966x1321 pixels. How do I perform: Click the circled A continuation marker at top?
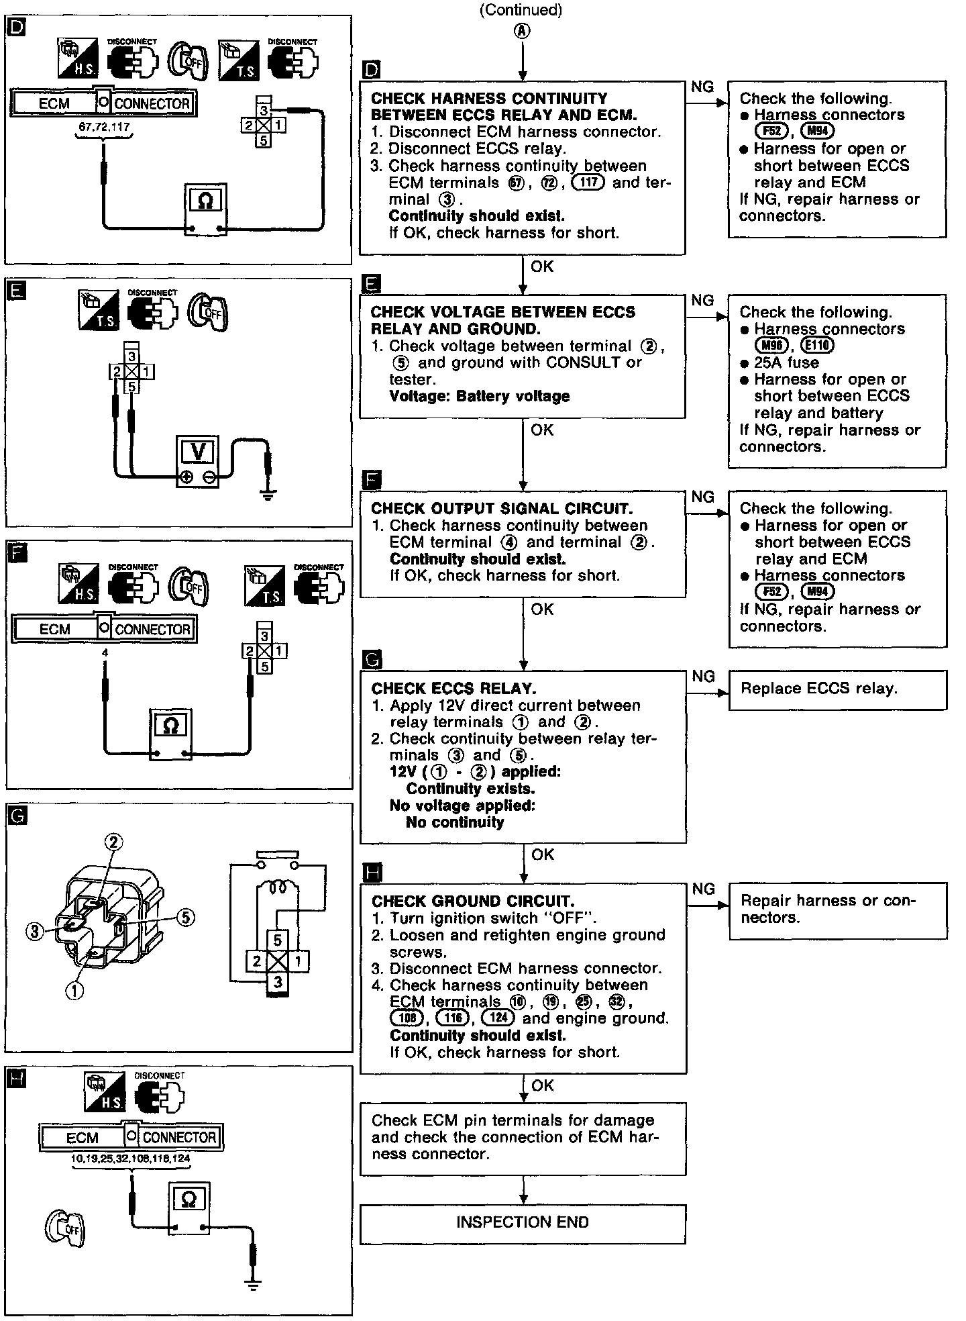(x=522, y=31)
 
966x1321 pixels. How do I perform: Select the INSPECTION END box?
(x=523, y=1222)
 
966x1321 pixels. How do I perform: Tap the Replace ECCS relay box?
(x=837, y=689)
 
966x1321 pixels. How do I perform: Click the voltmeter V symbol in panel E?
(x=198, y=452)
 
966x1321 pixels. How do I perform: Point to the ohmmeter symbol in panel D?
(x=206, y=201)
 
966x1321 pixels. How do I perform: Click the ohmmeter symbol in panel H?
(x=189, y=1200)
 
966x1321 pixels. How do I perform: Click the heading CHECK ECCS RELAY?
(x=453, y=689)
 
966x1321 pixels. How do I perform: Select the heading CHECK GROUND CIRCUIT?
(x=473, y=901)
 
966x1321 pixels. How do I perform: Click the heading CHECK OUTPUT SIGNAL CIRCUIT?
(x=502, y=509)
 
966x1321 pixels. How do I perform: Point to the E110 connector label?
(x=818, y=346)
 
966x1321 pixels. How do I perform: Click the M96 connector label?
(x=771, y=346)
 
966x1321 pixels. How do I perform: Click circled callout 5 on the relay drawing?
(x=186, y=917)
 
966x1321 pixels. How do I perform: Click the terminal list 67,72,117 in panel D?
(x=104, y=127)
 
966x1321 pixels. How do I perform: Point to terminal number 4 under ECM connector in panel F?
(x=105, y=652)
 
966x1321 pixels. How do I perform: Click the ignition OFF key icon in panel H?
(x=65, y=1230)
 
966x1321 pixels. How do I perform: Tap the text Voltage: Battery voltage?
(x=479, y=396)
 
